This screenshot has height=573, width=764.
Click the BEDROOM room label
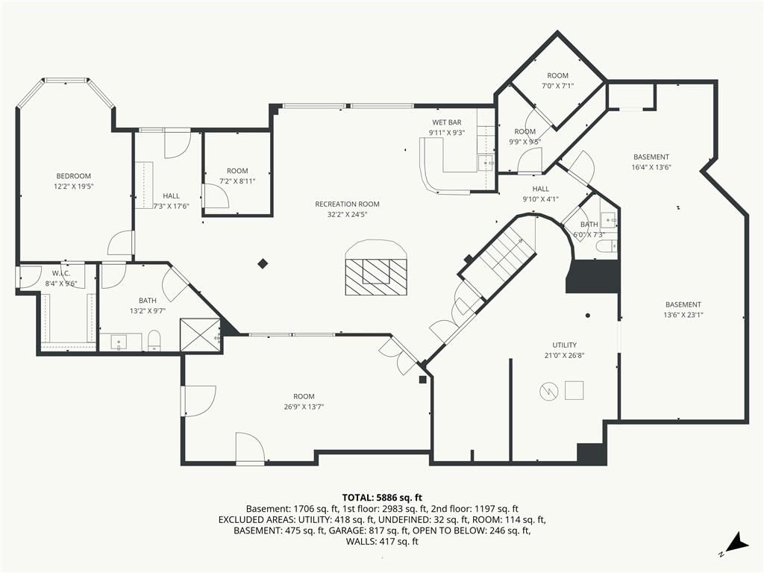click(74, 176)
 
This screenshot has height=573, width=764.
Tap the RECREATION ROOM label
click(347, 204)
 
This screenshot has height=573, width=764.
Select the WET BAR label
click(446, 122)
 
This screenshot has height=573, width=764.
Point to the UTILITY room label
click(564, 345)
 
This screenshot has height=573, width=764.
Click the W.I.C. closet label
click(61, 274)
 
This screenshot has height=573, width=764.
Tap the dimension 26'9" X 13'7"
click(304, 407)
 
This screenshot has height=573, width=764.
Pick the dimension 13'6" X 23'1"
click(683, 315)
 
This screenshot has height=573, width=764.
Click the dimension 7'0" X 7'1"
click(558, 86)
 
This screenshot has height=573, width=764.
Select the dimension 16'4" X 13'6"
click(651, 167)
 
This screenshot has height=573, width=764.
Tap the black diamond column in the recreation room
click(263, 264)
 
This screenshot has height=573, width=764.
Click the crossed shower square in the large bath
click(200, 335)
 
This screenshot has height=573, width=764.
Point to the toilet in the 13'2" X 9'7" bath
click(154, 340)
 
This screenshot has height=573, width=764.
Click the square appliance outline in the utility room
click(574, 390)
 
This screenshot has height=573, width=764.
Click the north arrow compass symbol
click(736, 544)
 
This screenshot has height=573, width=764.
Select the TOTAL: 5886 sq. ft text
click(382, 498)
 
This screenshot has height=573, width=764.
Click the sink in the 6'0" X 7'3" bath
click(608, 220)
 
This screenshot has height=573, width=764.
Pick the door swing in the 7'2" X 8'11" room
click(216, 196)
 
